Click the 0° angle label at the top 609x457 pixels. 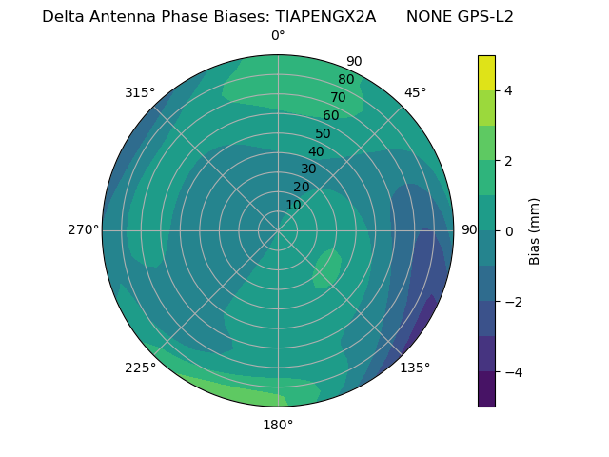click(278, 36)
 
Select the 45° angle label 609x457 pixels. click(415, 92)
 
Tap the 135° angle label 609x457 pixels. click(415, 368)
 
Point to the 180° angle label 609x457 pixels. click(278, 425)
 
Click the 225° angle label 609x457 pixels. click(140, 368)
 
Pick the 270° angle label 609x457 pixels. click(83, 229)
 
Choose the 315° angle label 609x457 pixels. click(140, 92)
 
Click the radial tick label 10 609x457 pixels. click(293, 205)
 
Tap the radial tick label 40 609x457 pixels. click(316, 151)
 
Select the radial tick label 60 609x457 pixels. click(330, 115)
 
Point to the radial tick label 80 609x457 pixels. click(345, 79)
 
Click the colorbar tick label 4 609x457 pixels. click(508, 90)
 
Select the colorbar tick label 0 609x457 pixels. click(508, 231)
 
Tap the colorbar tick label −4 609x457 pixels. click(512, 372)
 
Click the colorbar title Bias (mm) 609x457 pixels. click(535, 231)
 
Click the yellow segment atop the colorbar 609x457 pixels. click(486, 72)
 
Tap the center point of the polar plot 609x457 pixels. click(278, 230)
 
